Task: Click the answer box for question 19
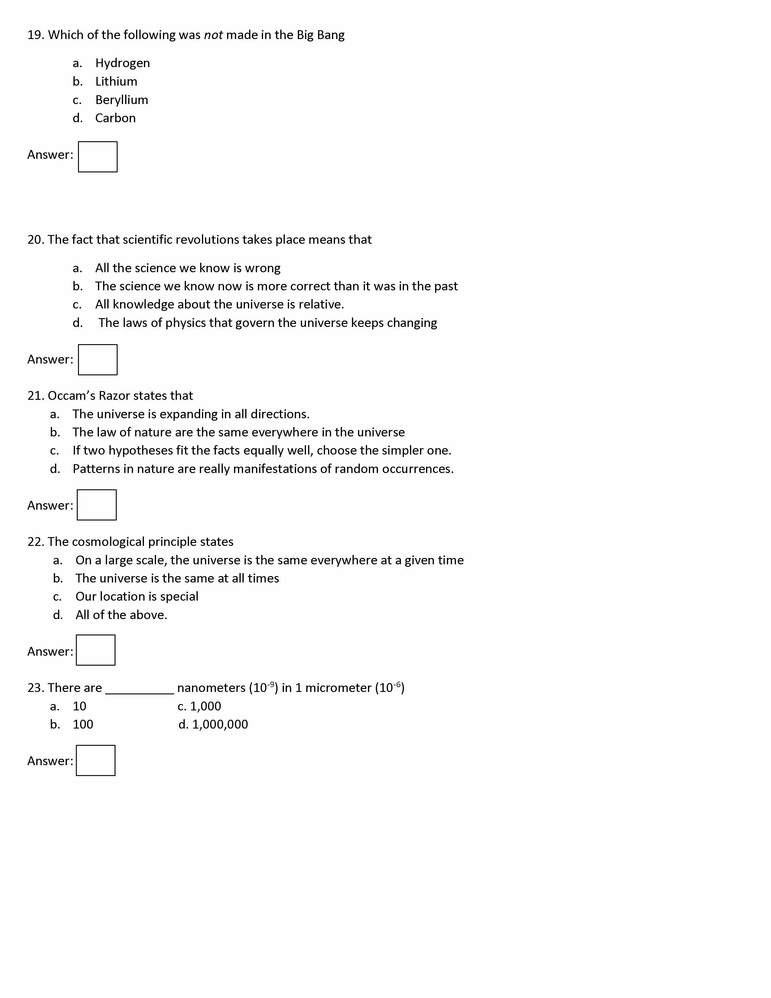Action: pyautogui.click(x=97, y=157)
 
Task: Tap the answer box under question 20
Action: pyautogui.click(x=97, y=360)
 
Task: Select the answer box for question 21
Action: pyautogui.click(x=96, y=505)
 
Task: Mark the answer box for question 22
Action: pyautogui.click(x=96, y=650)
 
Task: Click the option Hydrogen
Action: pyautogui.click(x=122, y=63)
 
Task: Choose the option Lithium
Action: pyautogui.click(x=116, y=81)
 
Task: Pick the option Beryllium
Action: pyautogui.click(x=122, y=99)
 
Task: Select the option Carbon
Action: pyautogui.click(x=115, y=118)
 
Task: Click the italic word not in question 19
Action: pyautogui.click(x=213, y=35)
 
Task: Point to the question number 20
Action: pyautogui.click(x=35, y=240)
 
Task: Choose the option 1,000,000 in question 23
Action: pyautogui.click(x=220, y=724)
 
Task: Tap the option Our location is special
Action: pyautogui.click(x=137, y=597)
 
